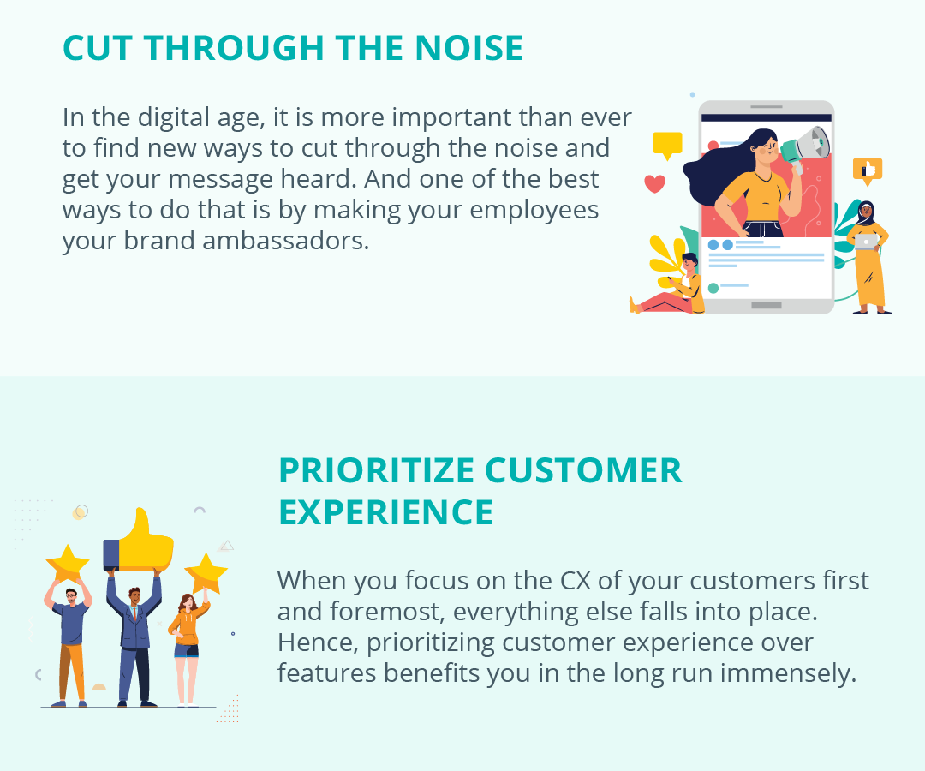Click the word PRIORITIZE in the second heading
click(377, 470)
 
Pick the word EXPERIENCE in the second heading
click(386, 511)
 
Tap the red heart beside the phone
click(654, 183)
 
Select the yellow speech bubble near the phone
click(667, 145)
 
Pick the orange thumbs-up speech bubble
click(867, 170)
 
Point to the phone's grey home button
click(766, 305)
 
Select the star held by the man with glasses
click(68, 564)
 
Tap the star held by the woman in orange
click(206, 573)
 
